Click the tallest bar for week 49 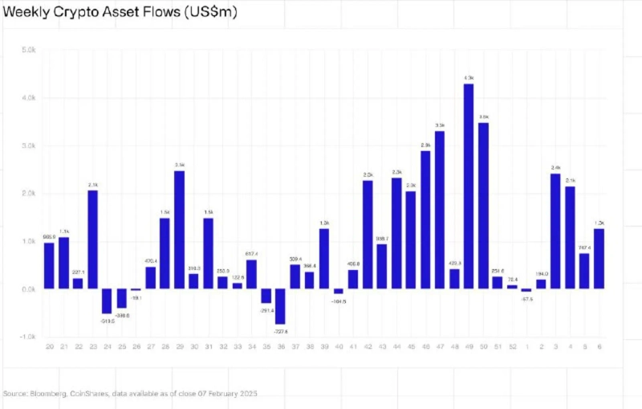tap(469, 186)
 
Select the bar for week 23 tap(92, 239)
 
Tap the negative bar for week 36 tap(281, 306)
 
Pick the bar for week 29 tap(179, 230)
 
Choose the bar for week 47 tap(440, 210)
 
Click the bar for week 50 tap(483, 206)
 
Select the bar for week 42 tap(368, 235)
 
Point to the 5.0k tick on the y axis tap(28, 50)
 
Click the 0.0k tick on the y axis tap(28, 289)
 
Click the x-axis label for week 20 tap(50, 346)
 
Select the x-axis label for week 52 tap(512, 346)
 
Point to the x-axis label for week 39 tap(324, 346)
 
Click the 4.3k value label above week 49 tap(469, 78)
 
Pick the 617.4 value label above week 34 tap(252, 254)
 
